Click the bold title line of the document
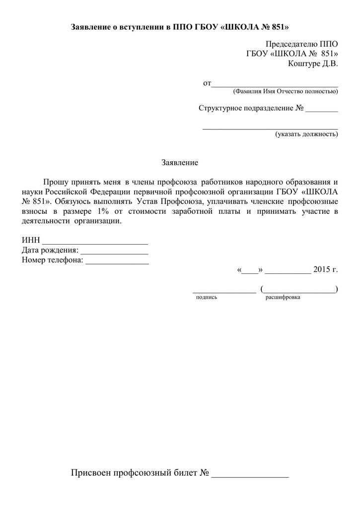click(x=179, y=26)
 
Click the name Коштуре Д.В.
click(x=313, y=63)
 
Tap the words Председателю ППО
click(x=301, y=45)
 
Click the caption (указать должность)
click(x=307, y=134)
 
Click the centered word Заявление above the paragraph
click(x=180, y=162)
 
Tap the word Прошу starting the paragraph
click(x=54, y=182)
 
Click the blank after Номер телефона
click(x=117, y=261)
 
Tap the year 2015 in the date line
click(x=322, y=270)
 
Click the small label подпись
click(x=207, y=297)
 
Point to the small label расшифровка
click(x=283, y=297)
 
